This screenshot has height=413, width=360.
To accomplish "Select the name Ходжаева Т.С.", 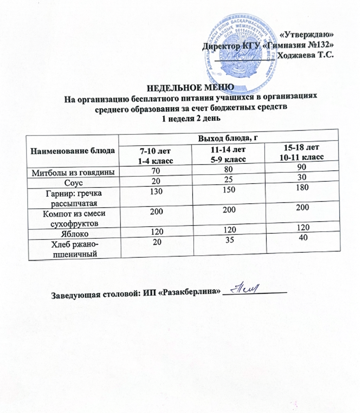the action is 305,55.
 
